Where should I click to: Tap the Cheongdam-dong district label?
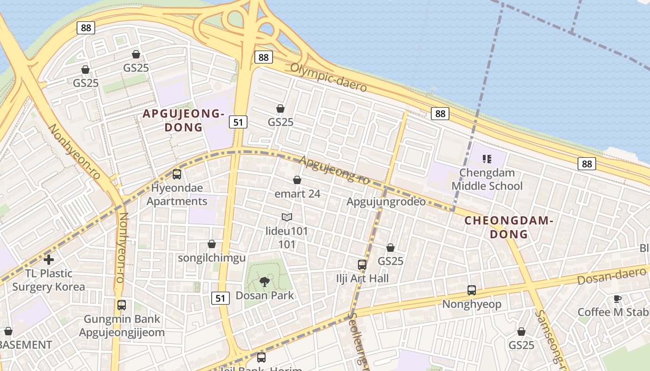click(x=509, y=227)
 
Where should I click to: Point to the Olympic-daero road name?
click(x=328, y=77)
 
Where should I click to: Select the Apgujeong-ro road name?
click(x=334, y=170)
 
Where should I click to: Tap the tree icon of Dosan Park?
click(x=264, y=281)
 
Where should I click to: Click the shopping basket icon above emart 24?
click(x=297, y=180)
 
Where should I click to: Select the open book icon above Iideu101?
click(x=287, y=217)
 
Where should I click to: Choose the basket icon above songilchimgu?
click(x=212, y=244)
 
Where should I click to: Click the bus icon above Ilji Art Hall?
click(x=362, y=265)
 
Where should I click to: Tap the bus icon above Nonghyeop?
click(x=472, y=290)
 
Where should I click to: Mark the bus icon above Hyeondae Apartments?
click(x=177, y=174)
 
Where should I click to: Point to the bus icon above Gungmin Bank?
click(x=122, y=305)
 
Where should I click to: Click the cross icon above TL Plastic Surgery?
click(x=49, y=260)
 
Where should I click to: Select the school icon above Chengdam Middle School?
click(x=487, y=160)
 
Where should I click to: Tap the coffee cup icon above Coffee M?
click(x=617, y=299)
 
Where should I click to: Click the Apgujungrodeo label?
click(x=386, y=202)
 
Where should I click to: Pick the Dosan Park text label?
click(x=265, y=295)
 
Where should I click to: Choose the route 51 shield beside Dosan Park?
click(x=221, y=298)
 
